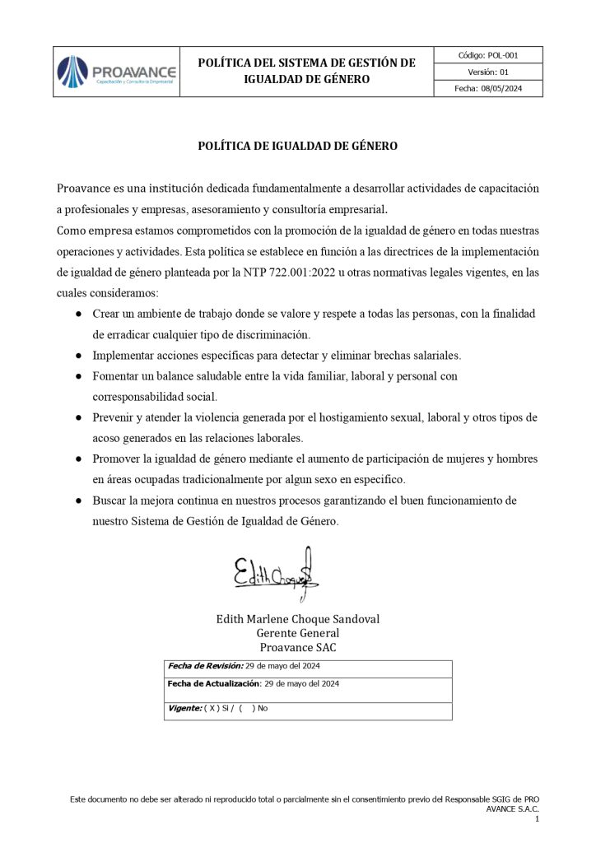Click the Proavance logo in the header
[116, 72]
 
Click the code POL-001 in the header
[488, 55]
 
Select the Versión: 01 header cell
[488, 72]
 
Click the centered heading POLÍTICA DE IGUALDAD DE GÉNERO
[298, 146]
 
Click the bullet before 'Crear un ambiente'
[78, 314]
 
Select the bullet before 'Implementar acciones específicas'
[78, 356]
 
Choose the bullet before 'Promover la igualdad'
[78, 459]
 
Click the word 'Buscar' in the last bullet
[110, 501]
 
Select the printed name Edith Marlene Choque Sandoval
[298, 619]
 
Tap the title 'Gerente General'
[298, 633]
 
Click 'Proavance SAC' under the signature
[298, 647]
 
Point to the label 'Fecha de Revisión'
[205, 666]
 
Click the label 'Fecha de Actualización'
[213, 683]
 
